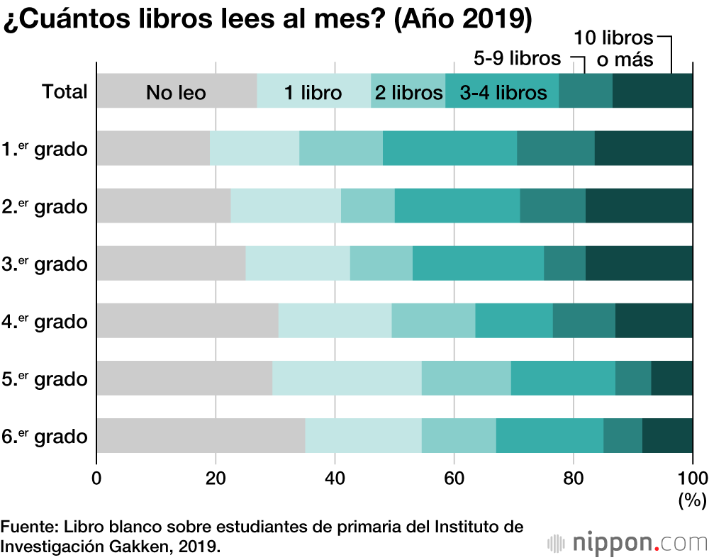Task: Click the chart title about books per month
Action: [x=267, y=20]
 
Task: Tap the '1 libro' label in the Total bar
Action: [x=313, y=92]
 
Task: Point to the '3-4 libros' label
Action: [x=503, y=92]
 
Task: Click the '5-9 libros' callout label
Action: [x=517, y=58]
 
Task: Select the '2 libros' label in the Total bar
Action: [x=408, y=92]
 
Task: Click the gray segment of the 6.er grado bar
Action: [x=201, y=435]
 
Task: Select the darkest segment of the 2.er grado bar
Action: [x=639, y=206]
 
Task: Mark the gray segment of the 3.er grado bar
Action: [x=171, y=263]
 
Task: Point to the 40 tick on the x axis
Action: [x=335, y=477]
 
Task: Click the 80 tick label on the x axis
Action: [x=573, y=477]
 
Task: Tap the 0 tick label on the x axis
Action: [x=96, y=477]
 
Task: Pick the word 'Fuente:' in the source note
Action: [x=29, y=527]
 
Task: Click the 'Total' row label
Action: [x=65, y=92]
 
